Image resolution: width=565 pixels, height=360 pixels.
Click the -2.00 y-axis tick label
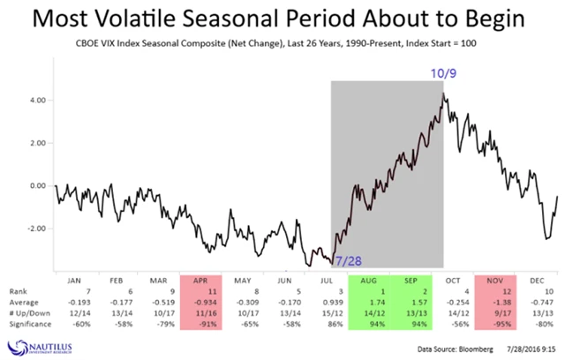click(36, 228)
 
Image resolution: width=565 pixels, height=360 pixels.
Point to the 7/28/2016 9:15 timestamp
click(528, 349)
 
